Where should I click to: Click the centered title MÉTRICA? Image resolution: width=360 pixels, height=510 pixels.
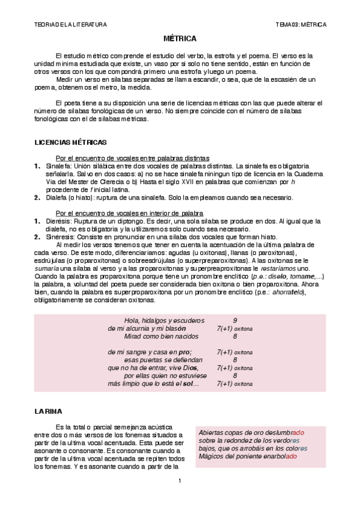180,38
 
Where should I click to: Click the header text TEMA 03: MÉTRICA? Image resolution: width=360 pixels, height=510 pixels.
301,25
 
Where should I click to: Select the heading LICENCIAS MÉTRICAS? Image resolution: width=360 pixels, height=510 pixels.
71,143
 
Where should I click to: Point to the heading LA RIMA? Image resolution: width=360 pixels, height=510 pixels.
48,411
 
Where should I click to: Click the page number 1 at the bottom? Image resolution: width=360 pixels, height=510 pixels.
180,481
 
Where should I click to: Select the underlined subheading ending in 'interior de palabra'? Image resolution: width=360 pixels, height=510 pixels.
129,214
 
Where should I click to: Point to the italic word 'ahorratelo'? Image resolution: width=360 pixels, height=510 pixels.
288,292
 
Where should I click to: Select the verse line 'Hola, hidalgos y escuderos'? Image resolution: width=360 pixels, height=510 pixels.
163,321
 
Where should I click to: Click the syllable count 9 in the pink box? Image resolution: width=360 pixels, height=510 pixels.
234,321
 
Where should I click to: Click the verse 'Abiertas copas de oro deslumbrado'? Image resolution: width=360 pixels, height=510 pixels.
251,432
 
